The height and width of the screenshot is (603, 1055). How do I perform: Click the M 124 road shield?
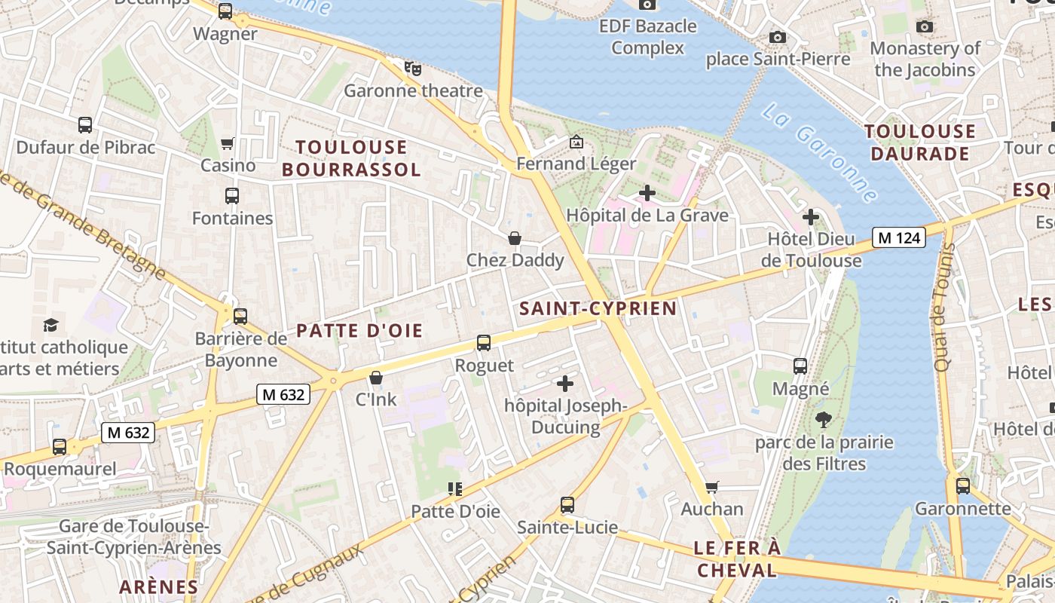point(900,237)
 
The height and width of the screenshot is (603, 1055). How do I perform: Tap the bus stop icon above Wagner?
point(225,11)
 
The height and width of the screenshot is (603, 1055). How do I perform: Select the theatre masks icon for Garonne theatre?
point(412,69)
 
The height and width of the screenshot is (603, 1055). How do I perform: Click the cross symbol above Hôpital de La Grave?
point(647,193)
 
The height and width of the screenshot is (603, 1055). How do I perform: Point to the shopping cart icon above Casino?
point(228,143)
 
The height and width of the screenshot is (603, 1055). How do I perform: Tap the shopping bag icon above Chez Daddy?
point(515,238)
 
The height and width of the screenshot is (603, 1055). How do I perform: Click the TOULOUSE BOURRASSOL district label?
point(351,158)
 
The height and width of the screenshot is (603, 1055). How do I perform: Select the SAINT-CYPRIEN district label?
point(598,308)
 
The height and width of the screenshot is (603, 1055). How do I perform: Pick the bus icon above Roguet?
point(484,343)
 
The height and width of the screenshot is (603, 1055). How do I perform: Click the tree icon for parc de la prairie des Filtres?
point(823,420)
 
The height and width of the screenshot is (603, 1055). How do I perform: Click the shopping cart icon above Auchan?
point(711,487)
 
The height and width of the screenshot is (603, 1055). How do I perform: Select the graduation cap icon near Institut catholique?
point(50,325)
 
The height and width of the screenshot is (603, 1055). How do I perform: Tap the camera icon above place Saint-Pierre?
point(778,37)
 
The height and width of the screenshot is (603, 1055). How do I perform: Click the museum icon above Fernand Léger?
point(576,142)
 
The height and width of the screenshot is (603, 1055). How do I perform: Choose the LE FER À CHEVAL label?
point(737,559)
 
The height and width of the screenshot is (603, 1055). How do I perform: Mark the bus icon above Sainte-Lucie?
point(567,505)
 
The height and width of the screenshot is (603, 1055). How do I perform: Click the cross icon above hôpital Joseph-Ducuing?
point(564,384)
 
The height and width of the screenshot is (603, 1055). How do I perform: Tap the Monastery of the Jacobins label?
point(925,59)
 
